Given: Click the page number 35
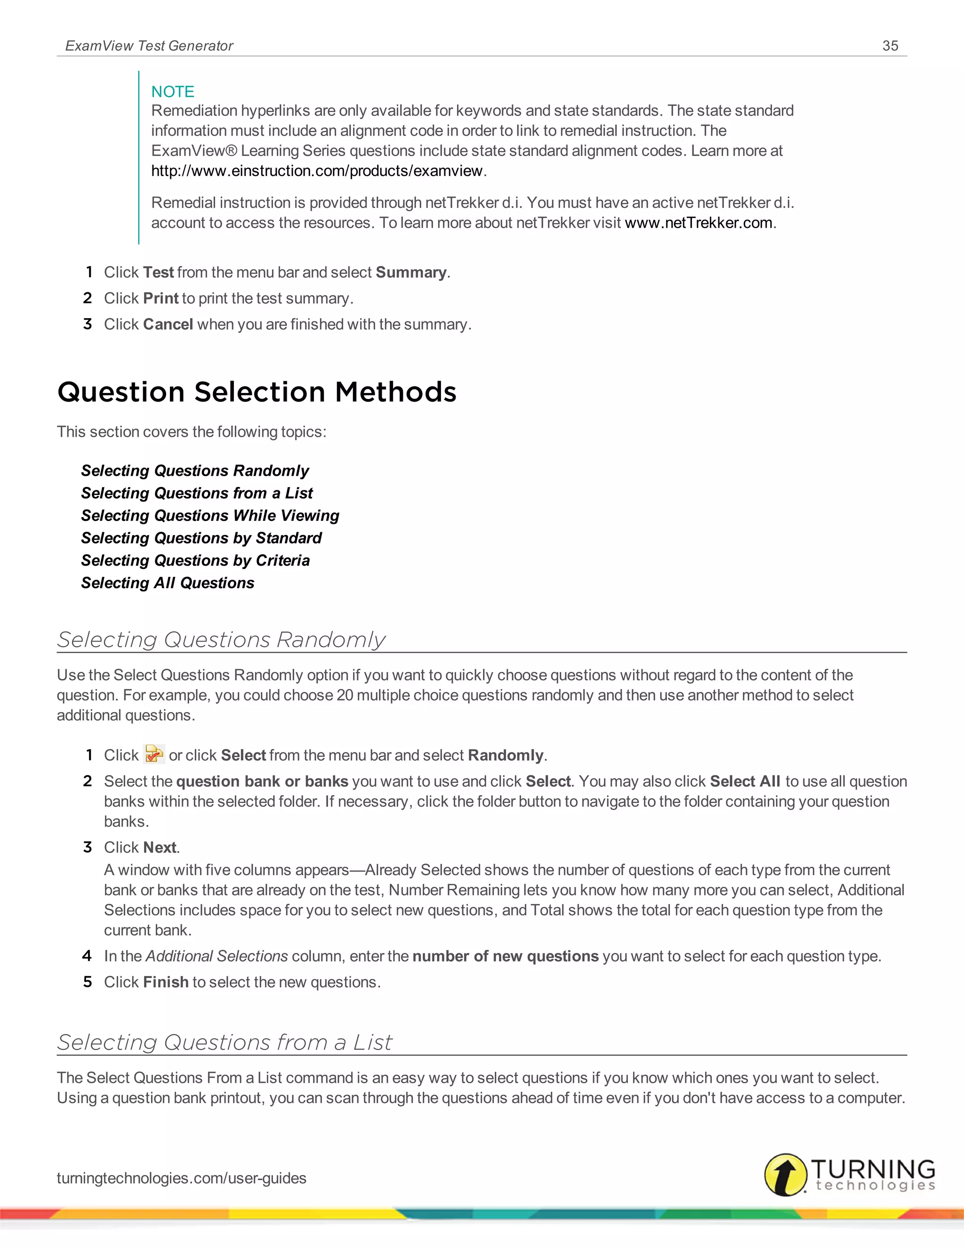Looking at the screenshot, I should point(890,46).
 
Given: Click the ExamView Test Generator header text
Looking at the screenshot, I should point(149,46).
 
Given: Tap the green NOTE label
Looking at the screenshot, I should point(172,91).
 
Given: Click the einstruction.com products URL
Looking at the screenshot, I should point(317,171).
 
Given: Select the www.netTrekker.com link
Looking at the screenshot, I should point(699,223).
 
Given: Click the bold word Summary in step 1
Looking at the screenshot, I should point(410,272).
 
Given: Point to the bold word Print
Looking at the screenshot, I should point(161,298).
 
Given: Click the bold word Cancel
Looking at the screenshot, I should point(168,324).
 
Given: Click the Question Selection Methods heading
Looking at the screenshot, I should point(257,392).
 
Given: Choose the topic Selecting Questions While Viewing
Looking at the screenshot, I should point(210,516).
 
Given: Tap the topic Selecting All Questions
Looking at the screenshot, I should point(167,583).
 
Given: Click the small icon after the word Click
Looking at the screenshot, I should point(153,754).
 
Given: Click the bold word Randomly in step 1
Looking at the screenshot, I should point(505,755).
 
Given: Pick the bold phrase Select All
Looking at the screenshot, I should point(745,781).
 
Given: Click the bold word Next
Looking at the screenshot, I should point(160,847).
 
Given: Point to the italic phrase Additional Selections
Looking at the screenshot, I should point(217,956).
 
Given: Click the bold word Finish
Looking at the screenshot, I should point(166,982).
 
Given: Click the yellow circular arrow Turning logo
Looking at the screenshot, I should point(785,1174).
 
